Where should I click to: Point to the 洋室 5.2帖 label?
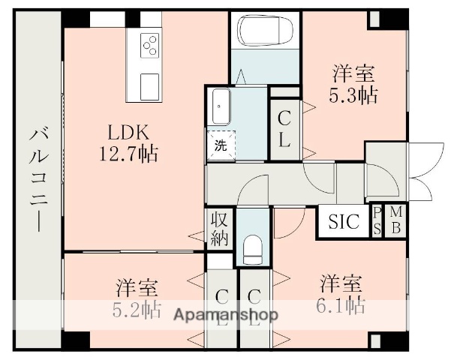point(137,298)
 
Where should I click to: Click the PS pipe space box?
point(377,221)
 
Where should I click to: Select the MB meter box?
point(395,221)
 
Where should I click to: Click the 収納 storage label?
point(220,229)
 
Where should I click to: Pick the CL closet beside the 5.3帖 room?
point(285,129)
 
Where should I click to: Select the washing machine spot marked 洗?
point(221,145)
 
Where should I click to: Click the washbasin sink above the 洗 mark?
point(221,106)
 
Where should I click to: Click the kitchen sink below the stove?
point(149,83)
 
